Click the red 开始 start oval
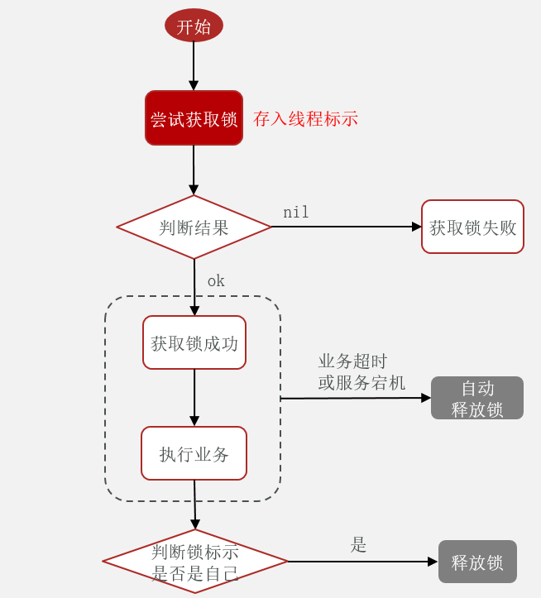194,26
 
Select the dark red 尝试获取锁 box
194,118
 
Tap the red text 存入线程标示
305,119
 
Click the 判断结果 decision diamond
194,227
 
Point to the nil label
295,213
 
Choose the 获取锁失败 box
472,227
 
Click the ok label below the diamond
216,281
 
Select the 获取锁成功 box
194,342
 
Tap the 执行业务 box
194,453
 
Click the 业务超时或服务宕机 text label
361,372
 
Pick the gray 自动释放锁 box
477,399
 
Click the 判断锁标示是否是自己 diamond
195,562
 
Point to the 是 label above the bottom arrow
358,545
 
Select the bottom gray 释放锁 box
477,562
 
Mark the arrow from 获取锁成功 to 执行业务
194,397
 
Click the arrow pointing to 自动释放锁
356,398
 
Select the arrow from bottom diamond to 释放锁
362,562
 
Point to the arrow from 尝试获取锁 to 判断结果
194,170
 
